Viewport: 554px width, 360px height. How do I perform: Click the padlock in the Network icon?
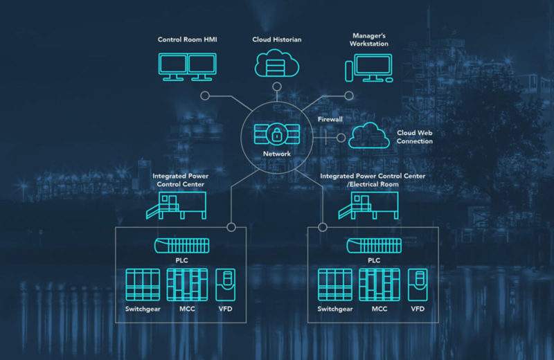point(277,133)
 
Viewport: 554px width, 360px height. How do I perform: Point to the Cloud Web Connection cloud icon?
point(369,135)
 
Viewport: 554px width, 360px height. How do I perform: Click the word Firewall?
point(330,119)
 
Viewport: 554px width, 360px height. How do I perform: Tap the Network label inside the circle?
point(277,154)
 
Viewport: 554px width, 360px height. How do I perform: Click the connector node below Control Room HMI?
point(204,96)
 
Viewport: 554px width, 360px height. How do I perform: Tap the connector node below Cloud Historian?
point(277,87)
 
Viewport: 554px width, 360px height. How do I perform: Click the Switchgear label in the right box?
point(335,309)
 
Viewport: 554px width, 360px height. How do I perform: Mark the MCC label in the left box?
point(186,309)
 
